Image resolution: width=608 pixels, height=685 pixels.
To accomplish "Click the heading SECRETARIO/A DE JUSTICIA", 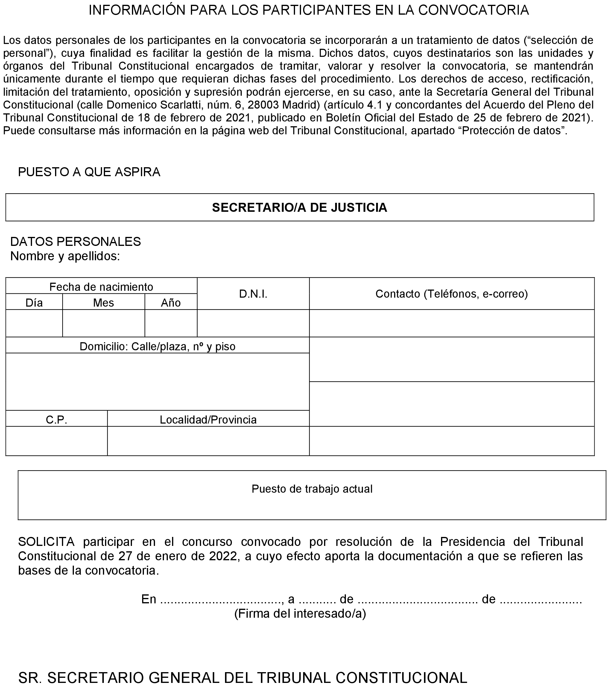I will [x=299, y=207].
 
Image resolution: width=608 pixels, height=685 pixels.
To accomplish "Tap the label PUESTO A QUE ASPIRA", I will [x=89, y=172].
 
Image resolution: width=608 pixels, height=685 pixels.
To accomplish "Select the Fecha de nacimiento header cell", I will [x=101, y=287].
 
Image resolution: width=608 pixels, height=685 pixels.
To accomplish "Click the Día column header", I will [x=34, y=303].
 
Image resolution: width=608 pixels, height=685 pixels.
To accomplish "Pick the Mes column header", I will [x=103, y=303].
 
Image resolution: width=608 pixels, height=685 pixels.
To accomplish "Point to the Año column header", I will [x=171, y=303].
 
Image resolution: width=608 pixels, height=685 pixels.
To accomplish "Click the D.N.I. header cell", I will [x=253, y=294].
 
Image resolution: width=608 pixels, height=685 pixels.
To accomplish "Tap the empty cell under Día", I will [x=34, y=323].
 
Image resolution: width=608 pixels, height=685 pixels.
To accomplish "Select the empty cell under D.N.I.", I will [x=253, y=323].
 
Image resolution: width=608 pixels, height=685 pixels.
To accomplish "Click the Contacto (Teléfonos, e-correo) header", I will [x=452, y=294].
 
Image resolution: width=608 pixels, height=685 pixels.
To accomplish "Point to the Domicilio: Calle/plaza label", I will [x=157, y=346].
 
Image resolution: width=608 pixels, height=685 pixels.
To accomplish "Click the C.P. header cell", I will [x=56, y=420].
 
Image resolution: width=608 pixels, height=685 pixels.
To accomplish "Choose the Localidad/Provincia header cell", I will [x=208, y=420].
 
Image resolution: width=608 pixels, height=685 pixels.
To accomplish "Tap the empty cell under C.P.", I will [x=56, y=441].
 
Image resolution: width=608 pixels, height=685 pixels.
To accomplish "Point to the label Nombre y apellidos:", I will [x=65, y=256].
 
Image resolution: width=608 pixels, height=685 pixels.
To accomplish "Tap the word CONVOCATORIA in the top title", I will [x=473, y=10].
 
